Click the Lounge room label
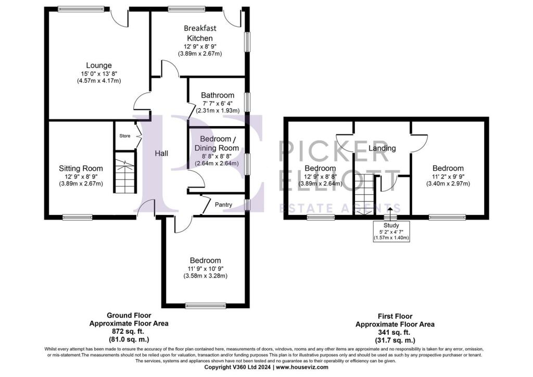coord(98,65)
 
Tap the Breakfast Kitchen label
coord(200,33)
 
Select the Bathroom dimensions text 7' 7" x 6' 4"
coord(218,103)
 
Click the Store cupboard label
coord(125,135)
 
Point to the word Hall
coord(161,154)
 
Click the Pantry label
coord(223,205)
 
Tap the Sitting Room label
coord(81,168)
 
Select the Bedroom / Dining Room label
coord(217,143)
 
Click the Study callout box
coord(391,231)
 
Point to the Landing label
coord(382,148)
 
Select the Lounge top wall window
coord(81,9)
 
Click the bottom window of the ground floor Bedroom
coord(206,306)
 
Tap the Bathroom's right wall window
coord(247,102)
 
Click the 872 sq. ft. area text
coord(128,331)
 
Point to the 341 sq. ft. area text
coord(395,332)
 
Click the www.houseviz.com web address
coord(302,367)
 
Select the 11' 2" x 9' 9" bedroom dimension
coord(448,177)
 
